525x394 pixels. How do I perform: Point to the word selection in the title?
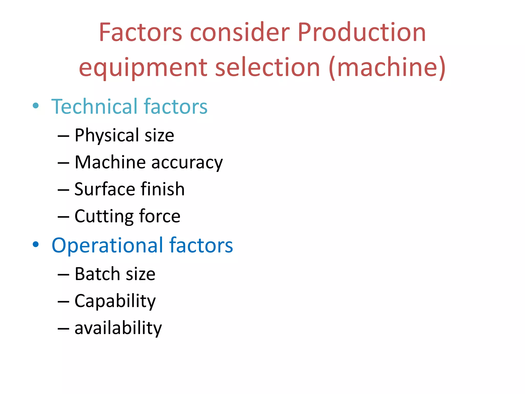click(x=268, y=67)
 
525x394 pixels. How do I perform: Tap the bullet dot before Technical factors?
click(x=36, y=106)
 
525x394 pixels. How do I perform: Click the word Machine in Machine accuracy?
click(x=110, y=162)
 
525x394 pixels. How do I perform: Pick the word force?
click(x=160, y=216)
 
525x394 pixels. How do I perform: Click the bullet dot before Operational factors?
click(x=36, y=244)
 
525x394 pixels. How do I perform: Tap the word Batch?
click(x=97, y=274)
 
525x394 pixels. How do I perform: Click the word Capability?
click(x=115, y=301)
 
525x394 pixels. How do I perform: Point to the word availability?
click(x=118, y=328)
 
